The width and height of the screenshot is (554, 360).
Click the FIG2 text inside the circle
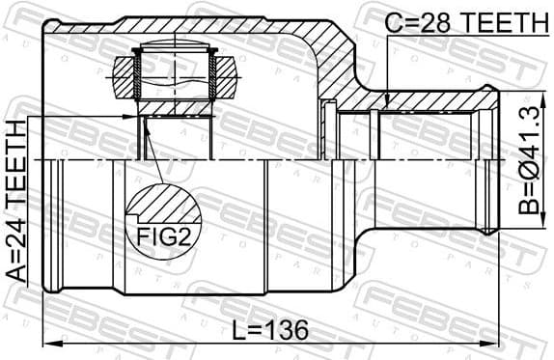tap(156, 234)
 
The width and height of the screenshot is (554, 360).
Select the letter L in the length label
tap(238, 330)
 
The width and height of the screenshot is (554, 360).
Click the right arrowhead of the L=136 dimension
tap(494, 344)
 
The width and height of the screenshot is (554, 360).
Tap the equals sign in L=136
tap(254, 330)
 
